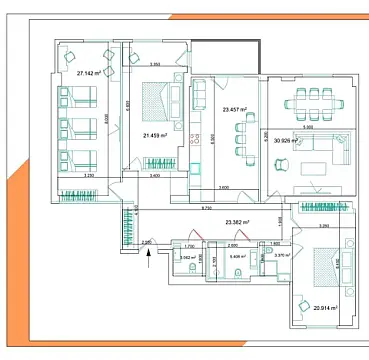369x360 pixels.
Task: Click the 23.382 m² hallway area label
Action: coord(237,222)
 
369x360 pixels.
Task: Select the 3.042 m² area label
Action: coord(184,257)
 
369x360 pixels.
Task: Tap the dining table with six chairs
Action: coord(311,101)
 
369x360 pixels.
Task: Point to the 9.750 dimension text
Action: coord(206,208)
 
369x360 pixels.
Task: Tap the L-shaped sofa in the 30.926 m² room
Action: coord(320,151)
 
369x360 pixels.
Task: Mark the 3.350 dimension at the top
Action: coord(156,65)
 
